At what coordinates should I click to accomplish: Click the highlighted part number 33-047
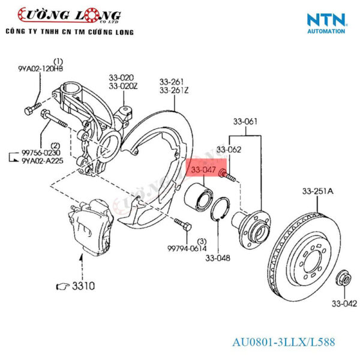click(x=203, y=171)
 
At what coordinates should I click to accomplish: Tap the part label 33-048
click(x=218, y=259)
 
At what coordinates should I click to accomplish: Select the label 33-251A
click(x=318, y=192)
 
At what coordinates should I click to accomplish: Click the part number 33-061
click(x=245, y=122)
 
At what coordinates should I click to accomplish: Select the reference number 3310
click(x=82, y=287)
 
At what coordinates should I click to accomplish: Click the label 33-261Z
click(x=174, y=91)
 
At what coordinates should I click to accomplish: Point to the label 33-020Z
click(x=122, y=86)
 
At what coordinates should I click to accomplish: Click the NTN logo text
click(x=326, y=19)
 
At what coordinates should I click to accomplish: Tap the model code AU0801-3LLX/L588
click(x=284, y=343)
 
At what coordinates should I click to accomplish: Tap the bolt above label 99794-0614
click(x=182, y=226)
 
